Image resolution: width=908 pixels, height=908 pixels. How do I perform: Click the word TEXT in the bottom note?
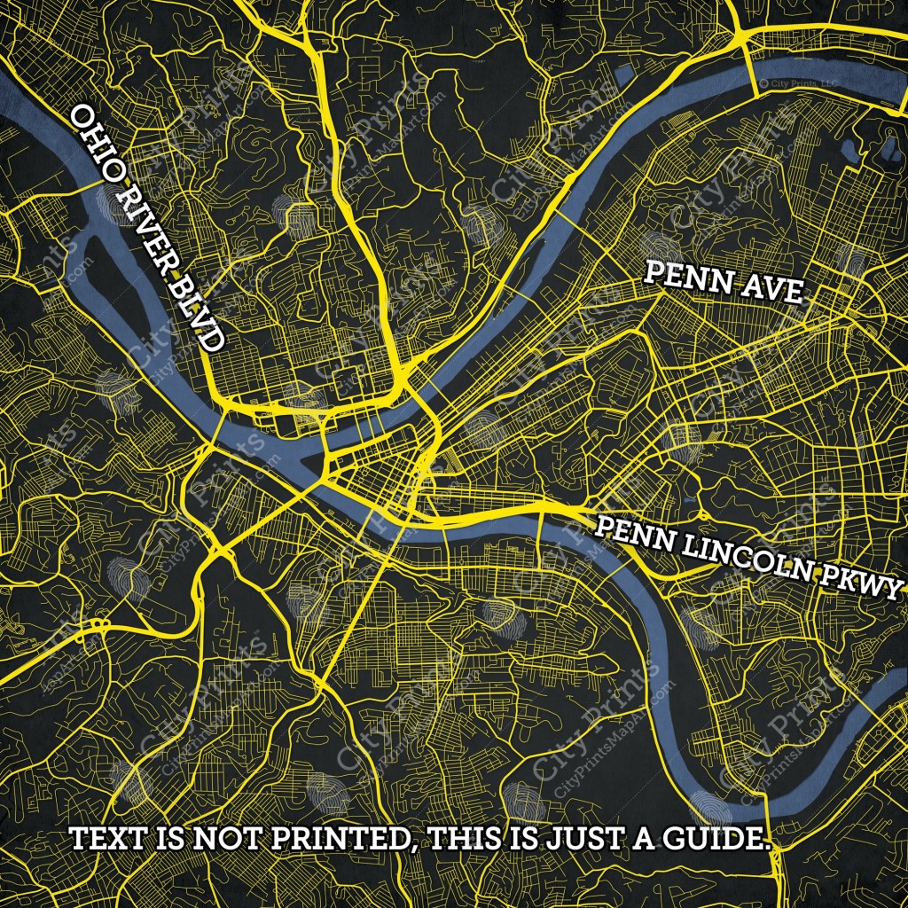[x=107, y=839]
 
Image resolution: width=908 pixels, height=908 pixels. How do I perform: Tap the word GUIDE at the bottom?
[x=718, y=839]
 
